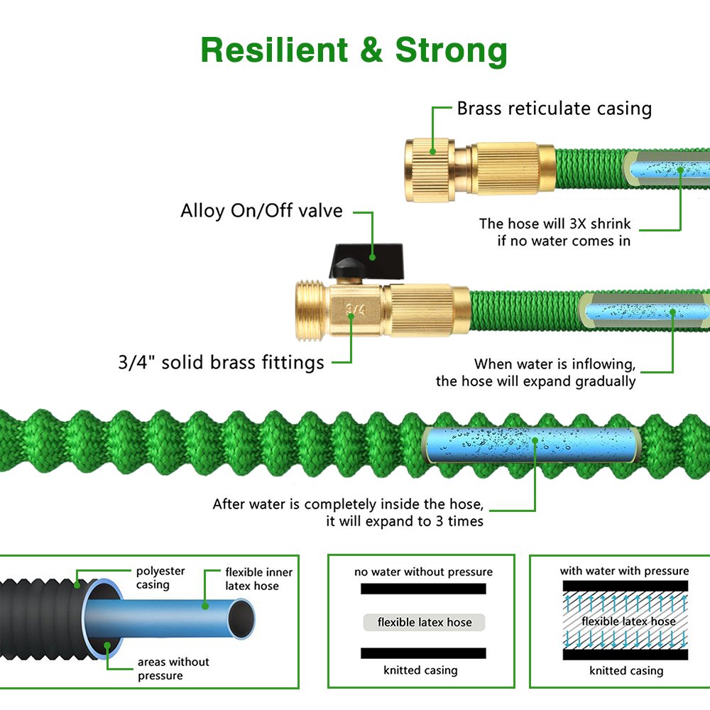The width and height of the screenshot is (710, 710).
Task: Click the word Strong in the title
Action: point(452,50)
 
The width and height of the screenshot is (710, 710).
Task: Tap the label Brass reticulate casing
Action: point(554,109)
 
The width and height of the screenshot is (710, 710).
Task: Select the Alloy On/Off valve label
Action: point(261,211)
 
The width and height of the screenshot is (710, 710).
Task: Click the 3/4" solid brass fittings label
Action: point(221,363)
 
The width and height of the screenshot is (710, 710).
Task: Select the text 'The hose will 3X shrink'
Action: point(555,224)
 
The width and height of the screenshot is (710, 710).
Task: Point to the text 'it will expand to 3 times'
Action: point(405,521)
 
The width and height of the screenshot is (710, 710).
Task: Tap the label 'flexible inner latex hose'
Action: point(258,579)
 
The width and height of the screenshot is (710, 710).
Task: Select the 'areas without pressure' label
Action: point(173,669)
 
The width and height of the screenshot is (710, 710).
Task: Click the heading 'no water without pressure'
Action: point(423,572)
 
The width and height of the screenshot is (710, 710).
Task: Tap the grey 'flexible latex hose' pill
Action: point(424,623)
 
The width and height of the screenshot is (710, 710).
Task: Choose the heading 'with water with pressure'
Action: point(624,571)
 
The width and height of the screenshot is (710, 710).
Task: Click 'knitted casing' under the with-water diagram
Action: point(626,671)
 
